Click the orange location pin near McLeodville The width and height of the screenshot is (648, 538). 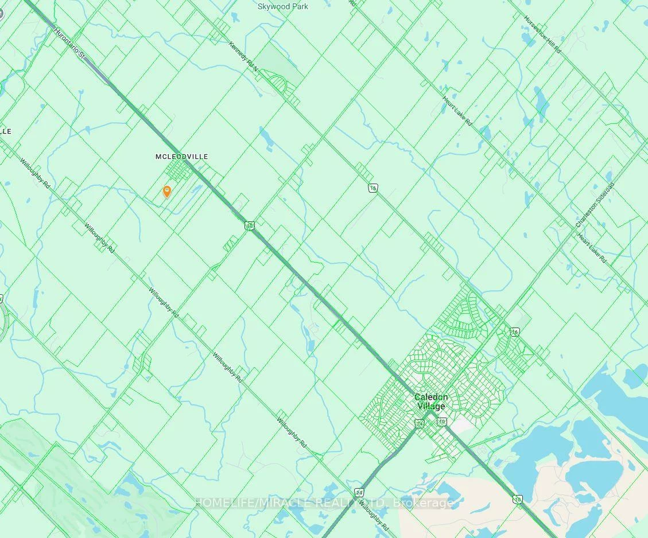click(x=166, y=192)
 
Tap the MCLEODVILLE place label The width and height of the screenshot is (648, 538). click(x=181, y=157)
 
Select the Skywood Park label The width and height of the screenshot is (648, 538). click(x=282, y=7)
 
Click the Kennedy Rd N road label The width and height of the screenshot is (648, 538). click(x=243, y=56)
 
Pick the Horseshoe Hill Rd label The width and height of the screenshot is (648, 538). click(x=542, y=34)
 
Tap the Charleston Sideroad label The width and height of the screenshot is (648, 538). click(x=595, y=205)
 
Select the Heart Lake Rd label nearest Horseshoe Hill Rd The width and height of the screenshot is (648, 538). click(x=457, y=111)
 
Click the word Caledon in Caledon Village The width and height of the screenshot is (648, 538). click(x=431, y=397)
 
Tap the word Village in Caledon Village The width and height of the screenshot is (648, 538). click(x=431, y=407)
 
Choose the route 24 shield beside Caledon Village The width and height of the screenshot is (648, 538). click(x=420, y=423)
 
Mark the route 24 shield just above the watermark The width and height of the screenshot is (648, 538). click(x=359, y=492)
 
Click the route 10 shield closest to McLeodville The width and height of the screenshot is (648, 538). click(x=250, y=226)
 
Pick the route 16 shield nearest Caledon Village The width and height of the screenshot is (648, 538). click(x=514, y=332)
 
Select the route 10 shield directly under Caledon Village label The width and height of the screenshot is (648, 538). click(x=441, y=422)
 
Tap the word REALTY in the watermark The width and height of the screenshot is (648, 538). click(x=345, y=503)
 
